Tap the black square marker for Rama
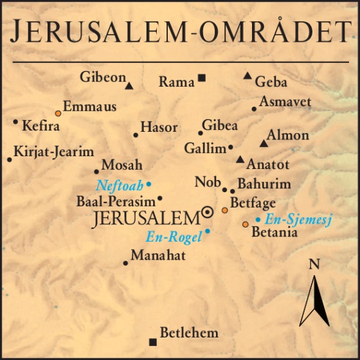pos(201,78)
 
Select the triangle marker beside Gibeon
pos(129,85)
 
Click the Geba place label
pos(271,82)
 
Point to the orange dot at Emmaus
pos(58,113)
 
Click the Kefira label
pos(41,125)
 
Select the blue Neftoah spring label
pos(120,186)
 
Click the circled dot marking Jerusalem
pos(207,212)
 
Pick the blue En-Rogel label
pos(174,236)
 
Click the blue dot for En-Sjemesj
pos(258,219)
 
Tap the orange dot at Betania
pos(245,224)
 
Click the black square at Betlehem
pos(152,341)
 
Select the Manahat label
pos(158,256)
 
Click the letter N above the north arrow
pos(314,264)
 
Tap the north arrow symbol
pos(314,299)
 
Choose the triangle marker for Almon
pos(263,143)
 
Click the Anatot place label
pos(268,165)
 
